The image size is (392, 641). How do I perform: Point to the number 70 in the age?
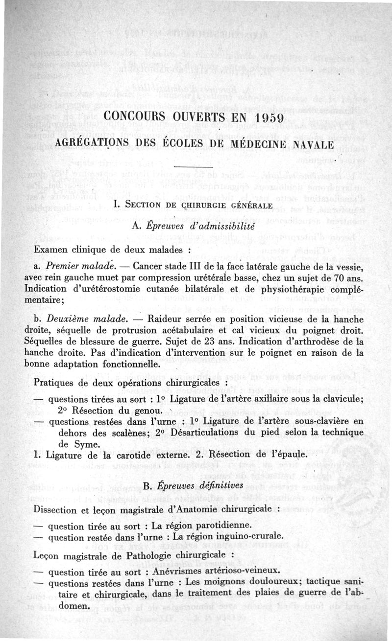[x=338, y=277]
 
